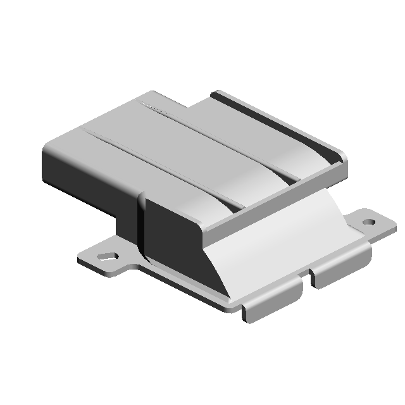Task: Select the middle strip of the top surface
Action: (184, 152)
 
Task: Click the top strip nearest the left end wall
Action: (127, 168)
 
